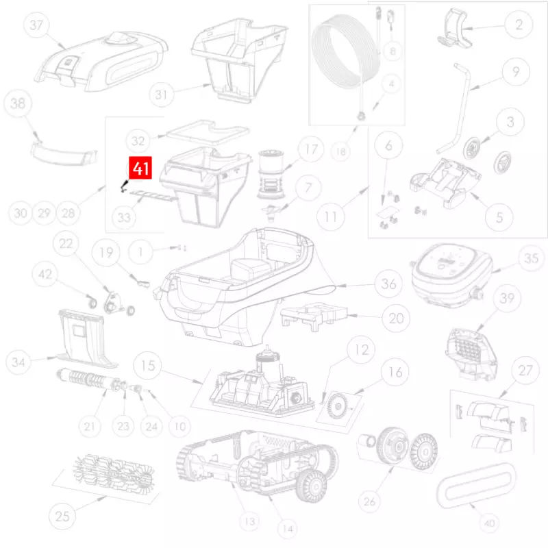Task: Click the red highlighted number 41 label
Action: [140, 168]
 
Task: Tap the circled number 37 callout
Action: [36, 25]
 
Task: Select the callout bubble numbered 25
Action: [62, 516]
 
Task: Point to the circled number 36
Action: [388, 284]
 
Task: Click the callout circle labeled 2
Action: [519, 25]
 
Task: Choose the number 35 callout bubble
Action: [531, 258]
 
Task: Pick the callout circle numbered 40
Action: [489, 523]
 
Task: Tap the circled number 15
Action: [148, 366]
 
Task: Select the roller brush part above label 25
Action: [114, 473]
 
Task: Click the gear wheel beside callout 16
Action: [338, 406]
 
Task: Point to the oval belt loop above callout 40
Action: [476, 486]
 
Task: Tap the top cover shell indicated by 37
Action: [101, 61]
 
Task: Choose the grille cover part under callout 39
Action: [471, 353]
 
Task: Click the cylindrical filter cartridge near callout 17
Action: [272, 174]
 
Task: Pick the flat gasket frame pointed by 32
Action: [208, 132]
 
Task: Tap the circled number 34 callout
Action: [18, 362]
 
